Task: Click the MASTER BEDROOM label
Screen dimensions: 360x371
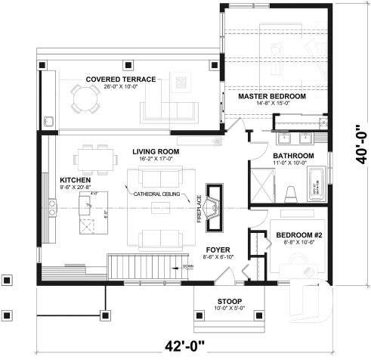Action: [272, 98]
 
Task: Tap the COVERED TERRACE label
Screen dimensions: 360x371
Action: [121, 79]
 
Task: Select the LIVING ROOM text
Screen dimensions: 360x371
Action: [156, 152]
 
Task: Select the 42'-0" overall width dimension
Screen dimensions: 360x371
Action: [185, 346]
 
